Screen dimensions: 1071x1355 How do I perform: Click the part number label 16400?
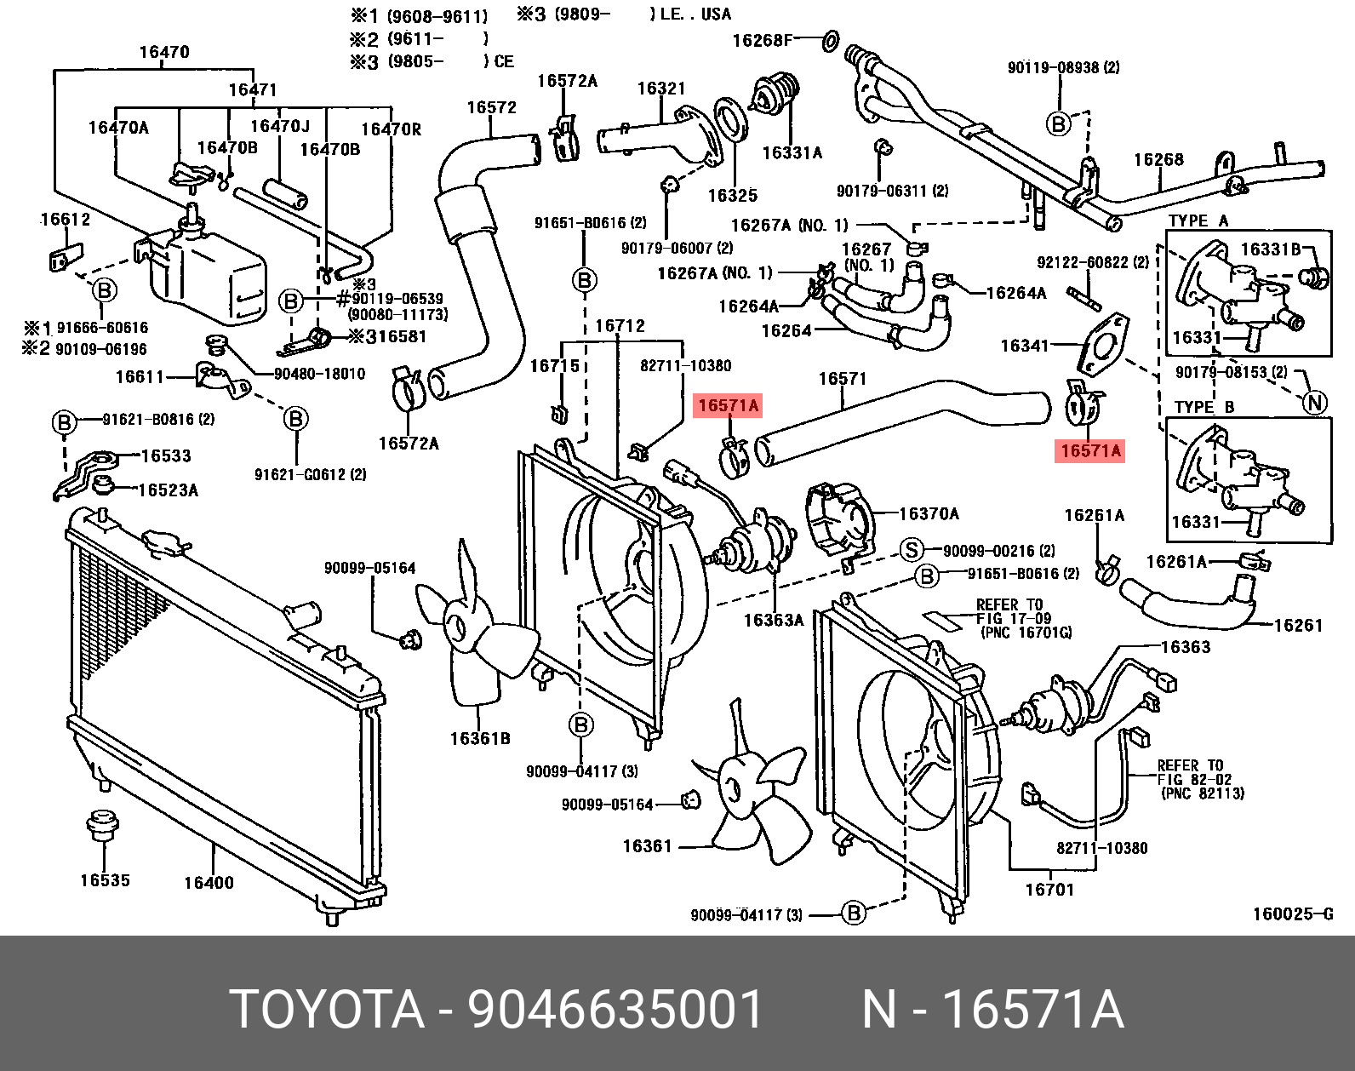pos(209,883)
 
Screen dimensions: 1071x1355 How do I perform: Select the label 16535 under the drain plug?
pos(105,880)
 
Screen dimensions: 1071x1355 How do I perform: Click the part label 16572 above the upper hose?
pos(491,107)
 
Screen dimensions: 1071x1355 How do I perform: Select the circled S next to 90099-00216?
pos(912,550)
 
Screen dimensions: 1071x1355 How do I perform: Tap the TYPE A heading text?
pos(1198,220)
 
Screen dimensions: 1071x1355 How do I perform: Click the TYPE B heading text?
pos(1203,407)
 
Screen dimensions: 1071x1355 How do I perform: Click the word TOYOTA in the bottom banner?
pos(328,1010)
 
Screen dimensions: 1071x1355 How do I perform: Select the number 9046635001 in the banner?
pos(615,1010)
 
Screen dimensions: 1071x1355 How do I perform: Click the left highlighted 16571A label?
pos(728,405)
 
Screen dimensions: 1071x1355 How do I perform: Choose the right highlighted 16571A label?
pos(1090,450)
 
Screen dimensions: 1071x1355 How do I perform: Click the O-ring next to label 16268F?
pos(831,39)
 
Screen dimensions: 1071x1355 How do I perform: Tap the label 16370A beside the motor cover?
pos(929,513)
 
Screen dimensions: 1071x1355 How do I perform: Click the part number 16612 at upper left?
pos(66,219)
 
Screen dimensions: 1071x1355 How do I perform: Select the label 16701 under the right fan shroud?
pos(1049,890)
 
